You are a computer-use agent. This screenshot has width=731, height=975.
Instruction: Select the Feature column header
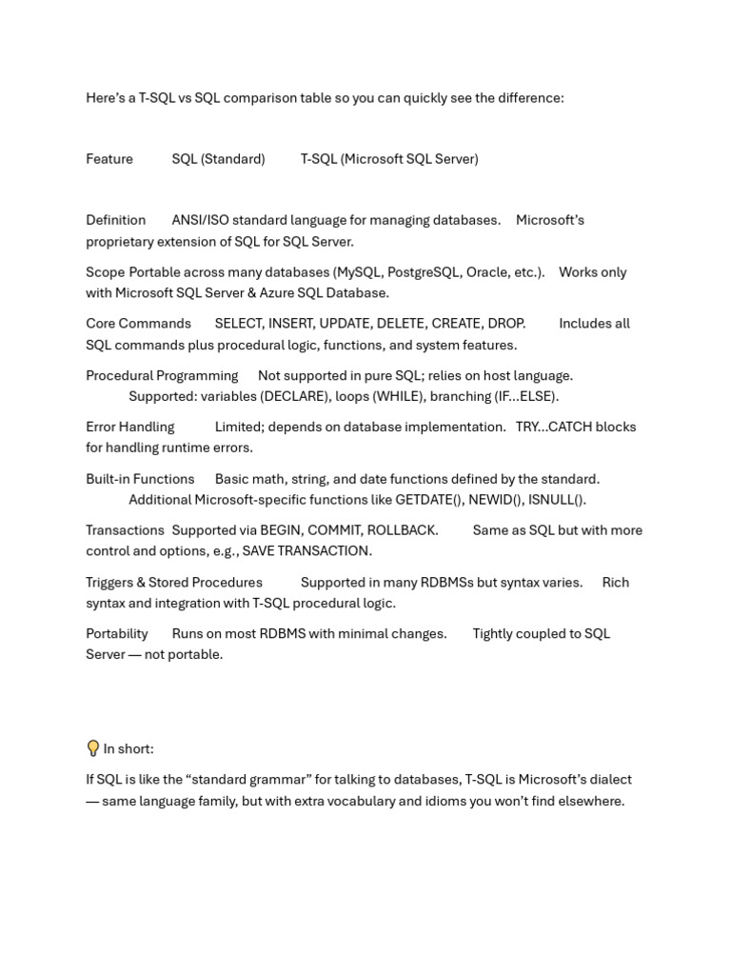[109, 159]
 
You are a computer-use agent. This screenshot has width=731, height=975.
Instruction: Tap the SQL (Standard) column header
[218, 159]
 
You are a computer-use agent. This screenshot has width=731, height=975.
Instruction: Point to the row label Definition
[115, 220]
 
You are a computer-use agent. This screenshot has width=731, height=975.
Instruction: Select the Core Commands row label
[138, 324]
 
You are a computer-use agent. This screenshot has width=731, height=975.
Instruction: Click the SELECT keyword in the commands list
[238, 324]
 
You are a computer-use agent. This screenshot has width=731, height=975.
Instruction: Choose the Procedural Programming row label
[162, 376]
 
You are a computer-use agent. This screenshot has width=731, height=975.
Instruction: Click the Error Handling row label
[130, 428]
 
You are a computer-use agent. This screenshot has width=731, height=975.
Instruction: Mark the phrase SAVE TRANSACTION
[306, 551]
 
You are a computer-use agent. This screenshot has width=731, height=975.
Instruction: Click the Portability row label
[117, 634]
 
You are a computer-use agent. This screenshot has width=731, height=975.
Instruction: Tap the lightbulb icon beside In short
[92, 748]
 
